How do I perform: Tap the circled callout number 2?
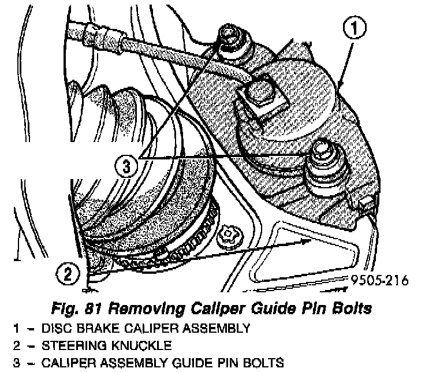[68, 273]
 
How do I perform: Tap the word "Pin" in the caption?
[310, 308]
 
